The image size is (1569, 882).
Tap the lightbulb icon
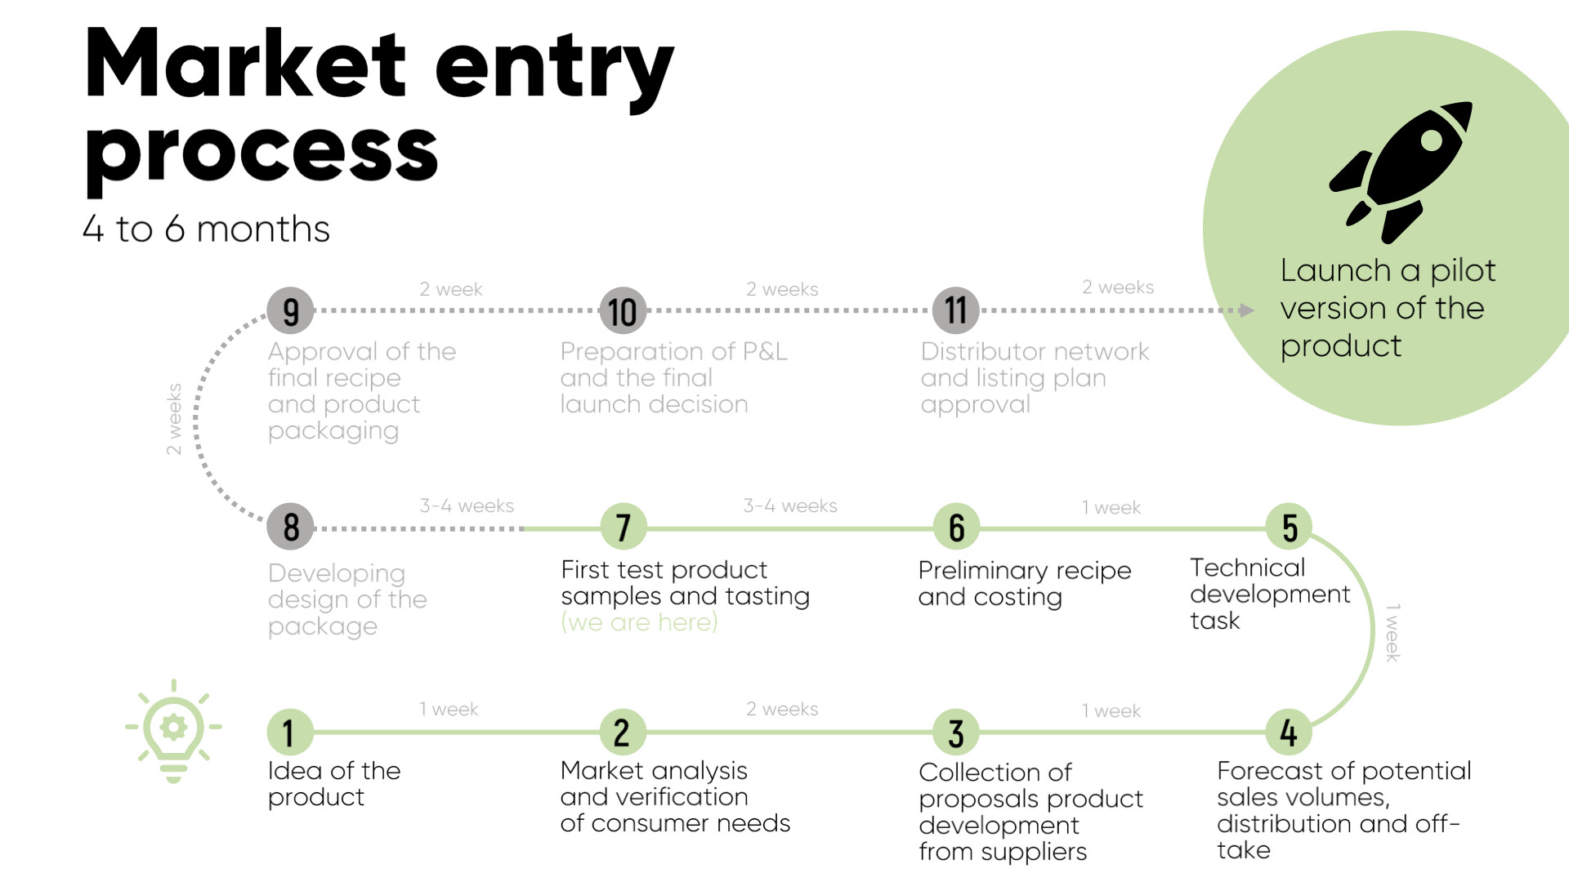173,732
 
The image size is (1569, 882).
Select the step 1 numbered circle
289,732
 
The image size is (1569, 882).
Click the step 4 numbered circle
1289,732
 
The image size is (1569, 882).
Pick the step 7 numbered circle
624,528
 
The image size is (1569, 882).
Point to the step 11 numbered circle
955,310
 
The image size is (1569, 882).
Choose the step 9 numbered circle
290,311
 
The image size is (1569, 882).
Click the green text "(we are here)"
639,622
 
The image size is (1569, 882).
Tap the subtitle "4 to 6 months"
206,229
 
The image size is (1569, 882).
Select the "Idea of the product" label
333,784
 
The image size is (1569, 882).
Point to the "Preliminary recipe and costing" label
1024,583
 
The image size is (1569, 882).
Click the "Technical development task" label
1269,594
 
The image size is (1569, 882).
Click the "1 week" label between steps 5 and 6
1111,508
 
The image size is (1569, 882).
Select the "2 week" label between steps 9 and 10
451,289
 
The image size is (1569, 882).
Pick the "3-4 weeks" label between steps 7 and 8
467,506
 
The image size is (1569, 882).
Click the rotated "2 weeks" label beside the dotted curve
174,419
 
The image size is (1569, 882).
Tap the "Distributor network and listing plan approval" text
1034,377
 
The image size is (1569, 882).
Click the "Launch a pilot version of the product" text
1387,308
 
